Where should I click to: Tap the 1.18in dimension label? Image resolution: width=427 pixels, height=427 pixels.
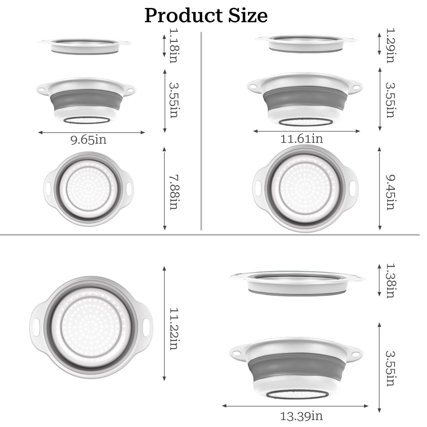coord(173,46)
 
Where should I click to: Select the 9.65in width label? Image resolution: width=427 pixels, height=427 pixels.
coord(88,139)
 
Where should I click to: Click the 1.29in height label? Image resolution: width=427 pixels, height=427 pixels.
coord(390,46)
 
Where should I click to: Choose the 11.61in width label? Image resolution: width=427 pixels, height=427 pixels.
coord(301,138)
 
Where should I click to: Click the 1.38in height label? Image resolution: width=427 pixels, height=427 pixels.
coord(390,280)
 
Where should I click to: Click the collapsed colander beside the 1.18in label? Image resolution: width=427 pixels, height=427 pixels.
coord(85,46)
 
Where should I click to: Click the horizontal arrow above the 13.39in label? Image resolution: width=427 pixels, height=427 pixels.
coord(295,406)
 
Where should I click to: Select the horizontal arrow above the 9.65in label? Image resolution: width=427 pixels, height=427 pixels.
coord(92,132)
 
